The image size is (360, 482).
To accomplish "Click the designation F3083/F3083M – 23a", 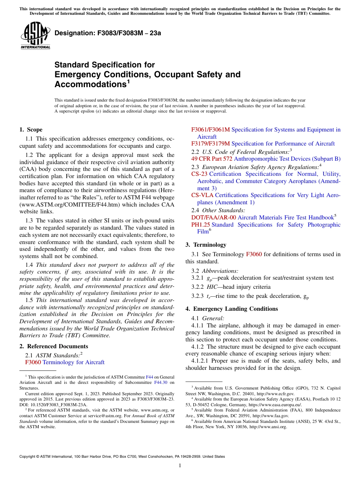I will tap(108, 33).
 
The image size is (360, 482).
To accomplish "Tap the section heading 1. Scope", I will tap(31, 130).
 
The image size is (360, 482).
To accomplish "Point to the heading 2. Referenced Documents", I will tap(53, 346).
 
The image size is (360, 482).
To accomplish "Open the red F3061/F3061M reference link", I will tap(210, 130).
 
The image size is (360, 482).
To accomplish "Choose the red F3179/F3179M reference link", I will tap(210, 144).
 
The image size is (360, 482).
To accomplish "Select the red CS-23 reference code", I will tap(199, 174).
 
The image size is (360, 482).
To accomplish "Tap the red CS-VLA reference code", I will tap(202, 195).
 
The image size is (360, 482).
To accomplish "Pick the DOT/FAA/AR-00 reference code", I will tap(213, 218).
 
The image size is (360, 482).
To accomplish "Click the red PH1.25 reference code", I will tap(200, 225).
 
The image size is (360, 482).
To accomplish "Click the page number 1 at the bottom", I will tap(180, 466).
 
